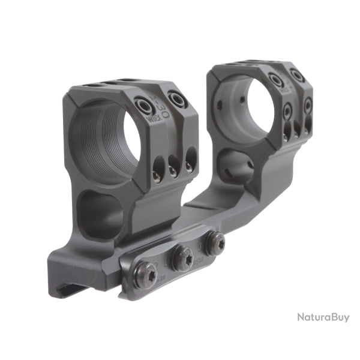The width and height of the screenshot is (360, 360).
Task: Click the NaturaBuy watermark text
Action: [323, 317]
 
